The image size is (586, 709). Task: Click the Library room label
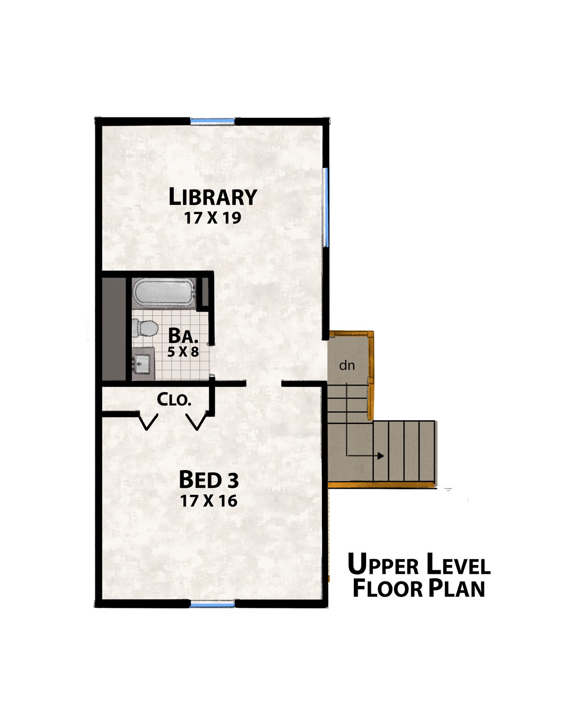point(213,197)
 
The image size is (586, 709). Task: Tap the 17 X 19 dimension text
point(213,218)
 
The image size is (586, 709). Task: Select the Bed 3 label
point(208,479)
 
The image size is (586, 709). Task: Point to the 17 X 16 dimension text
point(209,501)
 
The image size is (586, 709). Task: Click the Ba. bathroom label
point(183,336)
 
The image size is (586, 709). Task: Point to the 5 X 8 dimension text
point(183,352)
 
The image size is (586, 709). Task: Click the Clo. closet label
point(174,400)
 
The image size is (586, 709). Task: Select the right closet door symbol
point(197,421)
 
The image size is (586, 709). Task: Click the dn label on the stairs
point(347,366)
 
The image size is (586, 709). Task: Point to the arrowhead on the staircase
point(380,456)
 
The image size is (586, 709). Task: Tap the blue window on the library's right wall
point(326,207)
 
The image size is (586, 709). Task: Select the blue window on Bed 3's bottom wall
point(212,603)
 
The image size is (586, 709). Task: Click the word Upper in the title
point(383,565)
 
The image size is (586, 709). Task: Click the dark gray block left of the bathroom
point(114,329)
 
